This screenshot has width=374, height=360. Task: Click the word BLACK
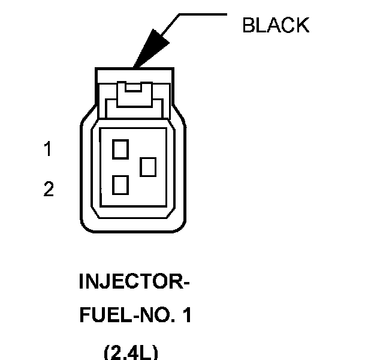(275, 25)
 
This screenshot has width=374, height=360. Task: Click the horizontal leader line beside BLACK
(203, 14)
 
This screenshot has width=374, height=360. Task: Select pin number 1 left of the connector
(47, 149)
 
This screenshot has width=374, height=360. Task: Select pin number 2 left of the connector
(48, 190)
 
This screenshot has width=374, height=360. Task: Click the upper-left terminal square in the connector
(120, 148)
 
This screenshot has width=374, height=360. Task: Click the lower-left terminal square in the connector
(120, 185)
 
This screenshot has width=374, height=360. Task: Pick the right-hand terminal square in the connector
(148, 166)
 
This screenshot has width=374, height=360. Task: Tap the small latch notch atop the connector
(131, 88)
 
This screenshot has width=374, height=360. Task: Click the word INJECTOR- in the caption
(134, 281)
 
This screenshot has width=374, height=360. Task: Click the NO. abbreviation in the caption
(154, 316)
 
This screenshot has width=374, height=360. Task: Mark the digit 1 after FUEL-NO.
(186, 316)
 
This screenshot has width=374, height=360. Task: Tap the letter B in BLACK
(248, 25)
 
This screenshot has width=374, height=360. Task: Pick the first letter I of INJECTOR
(82, 281)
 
